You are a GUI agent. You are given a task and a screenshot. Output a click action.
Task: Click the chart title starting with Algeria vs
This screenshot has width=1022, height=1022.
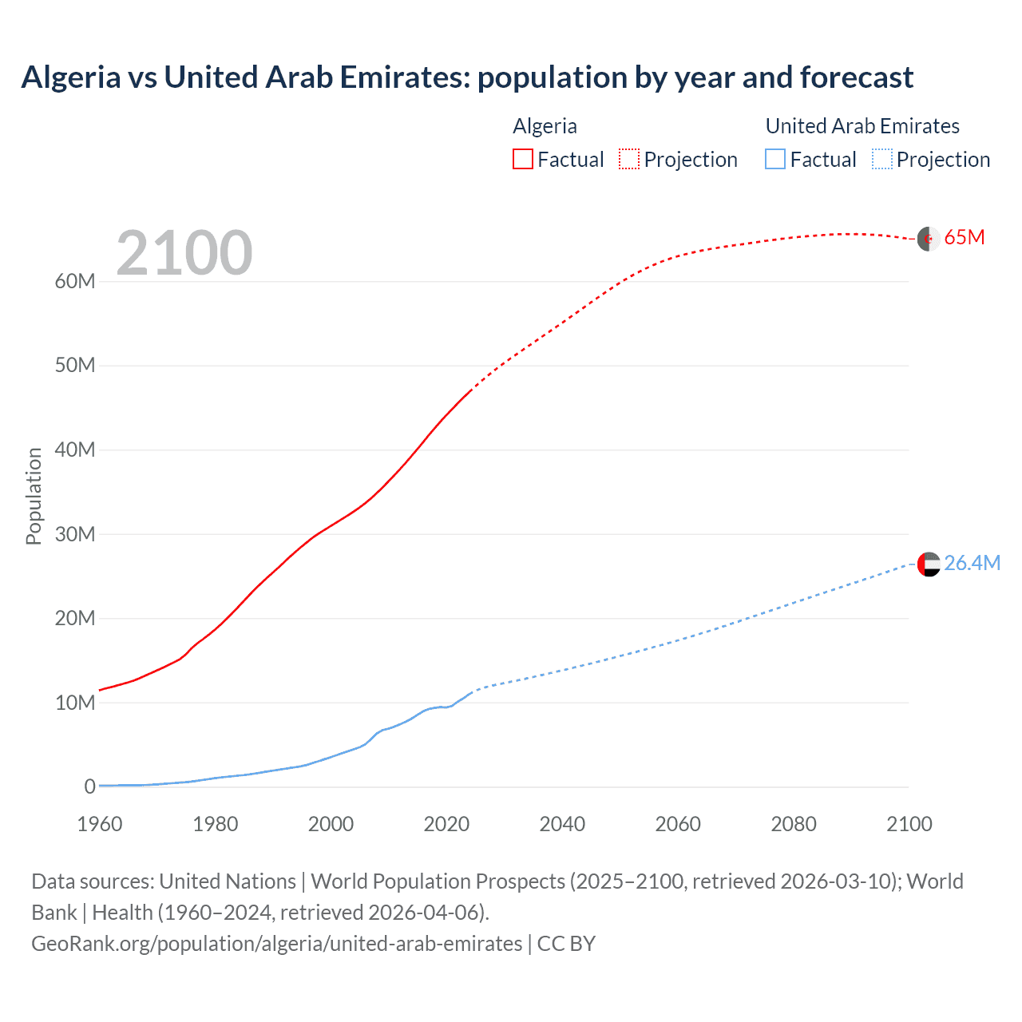[x=467, y=77]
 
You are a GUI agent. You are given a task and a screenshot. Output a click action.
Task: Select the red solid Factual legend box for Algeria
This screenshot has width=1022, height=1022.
[x=522, y=159]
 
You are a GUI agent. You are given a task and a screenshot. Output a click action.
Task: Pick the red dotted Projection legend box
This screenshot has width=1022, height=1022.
[x=629, y=159]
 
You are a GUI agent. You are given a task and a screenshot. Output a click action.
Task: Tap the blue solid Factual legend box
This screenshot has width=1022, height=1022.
[x=775, y=159]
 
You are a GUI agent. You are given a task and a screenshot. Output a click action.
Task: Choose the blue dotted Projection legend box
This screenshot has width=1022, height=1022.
[x=881, y=159]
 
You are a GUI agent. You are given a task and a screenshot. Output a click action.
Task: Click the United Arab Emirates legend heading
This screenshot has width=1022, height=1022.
[x=862, y=126]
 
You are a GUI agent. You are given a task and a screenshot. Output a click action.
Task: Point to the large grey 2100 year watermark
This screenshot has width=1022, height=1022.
[x=184, y=254]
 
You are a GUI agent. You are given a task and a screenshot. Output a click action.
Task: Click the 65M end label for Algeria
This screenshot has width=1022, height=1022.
[x=965, y=238]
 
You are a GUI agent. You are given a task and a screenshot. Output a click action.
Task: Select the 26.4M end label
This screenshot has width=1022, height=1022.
[x=972, y=563]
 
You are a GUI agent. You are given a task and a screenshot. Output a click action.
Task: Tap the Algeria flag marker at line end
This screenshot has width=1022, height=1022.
[x=929, y=239]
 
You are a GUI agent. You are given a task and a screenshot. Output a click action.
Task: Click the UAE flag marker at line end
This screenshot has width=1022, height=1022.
[x=929, y=564]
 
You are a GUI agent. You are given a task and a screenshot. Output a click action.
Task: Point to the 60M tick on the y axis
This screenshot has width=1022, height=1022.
[x=75, y=281]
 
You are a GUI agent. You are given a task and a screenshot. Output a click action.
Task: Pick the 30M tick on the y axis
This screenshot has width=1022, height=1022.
[x=75, y=534]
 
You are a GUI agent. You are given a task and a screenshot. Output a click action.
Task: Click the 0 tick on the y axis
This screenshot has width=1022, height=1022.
[x=89, y=786]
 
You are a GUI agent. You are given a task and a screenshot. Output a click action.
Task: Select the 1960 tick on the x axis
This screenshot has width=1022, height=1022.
[x=100, y=824]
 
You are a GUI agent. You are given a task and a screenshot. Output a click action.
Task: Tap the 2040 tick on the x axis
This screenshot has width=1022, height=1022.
[x=562, y=824]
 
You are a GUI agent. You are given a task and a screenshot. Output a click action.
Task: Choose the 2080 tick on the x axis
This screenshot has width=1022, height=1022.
[x=794, y=824]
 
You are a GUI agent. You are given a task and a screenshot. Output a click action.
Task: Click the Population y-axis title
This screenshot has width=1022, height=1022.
[x=34, y=496]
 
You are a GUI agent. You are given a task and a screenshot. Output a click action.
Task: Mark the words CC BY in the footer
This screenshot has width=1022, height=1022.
[x=566, y=944]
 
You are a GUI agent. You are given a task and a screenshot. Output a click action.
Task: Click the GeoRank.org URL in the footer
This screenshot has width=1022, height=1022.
[x=276, y=944]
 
